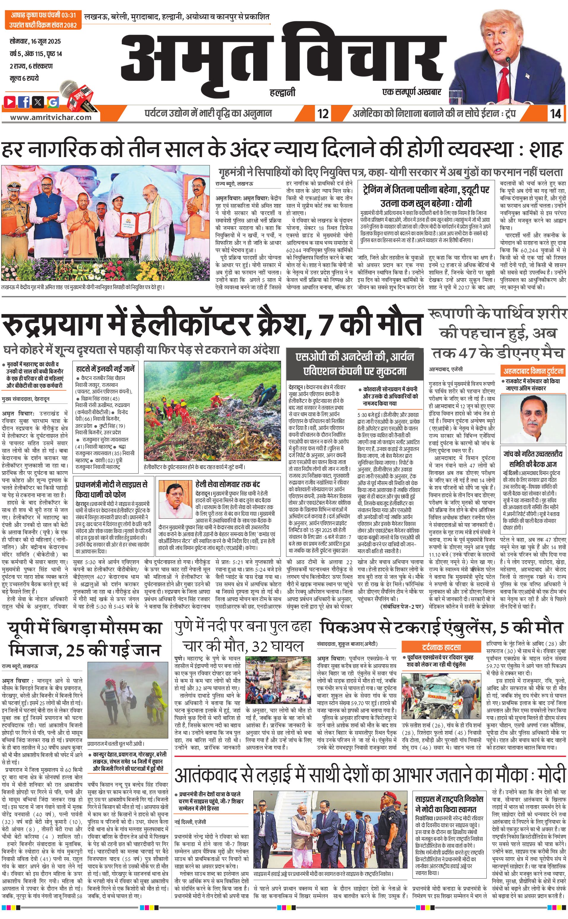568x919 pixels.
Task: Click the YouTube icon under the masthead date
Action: click(x=10, y=102)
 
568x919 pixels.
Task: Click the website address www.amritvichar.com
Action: click(x=51, y=117)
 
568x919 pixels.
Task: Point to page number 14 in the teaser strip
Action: click(x=556, y=113)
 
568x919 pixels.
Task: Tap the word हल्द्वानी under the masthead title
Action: click(x=283, y=92)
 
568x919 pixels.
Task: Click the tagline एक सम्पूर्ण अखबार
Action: click(x=411, y=92)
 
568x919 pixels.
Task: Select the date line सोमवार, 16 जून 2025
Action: click(x=35, y=41)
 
